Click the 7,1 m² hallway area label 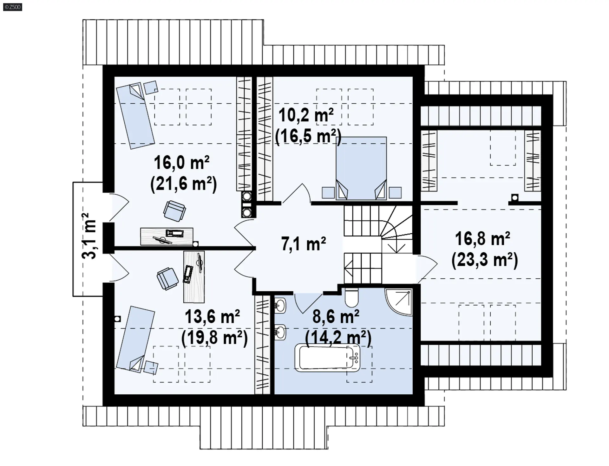point(304,244)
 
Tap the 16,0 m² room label point(181,163)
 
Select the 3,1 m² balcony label point(89,236)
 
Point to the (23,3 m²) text point(485,260)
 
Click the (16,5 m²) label point(308,137)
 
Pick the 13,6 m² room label point(212,317)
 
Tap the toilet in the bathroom point(351,297)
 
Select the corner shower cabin point(399,302)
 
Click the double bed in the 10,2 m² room point(361,168)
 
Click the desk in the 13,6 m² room point(194,276)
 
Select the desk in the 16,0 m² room point(167,236)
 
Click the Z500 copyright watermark point(13,7)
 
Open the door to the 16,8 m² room point(427,268)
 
